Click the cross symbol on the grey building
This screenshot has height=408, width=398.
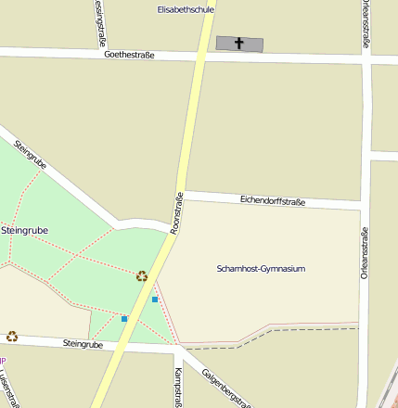pos(239,43)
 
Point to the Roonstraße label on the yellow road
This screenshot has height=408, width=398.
pos(178,212)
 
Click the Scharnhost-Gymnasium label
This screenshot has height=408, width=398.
pos(260,269)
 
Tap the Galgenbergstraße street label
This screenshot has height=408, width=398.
pos(225,387)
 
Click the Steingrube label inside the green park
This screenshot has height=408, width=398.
pos(25,229)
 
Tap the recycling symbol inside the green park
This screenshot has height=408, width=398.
pos(142,275)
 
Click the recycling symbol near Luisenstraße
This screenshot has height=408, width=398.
pos(12,336)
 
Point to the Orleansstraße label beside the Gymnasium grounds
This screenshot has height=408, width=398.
pos(365,253)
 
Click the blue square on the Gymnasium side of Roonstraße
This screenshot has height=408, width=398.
pos(155,300)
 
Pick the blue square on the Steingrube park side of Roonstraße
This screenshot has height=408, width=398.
pos(123,319)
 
